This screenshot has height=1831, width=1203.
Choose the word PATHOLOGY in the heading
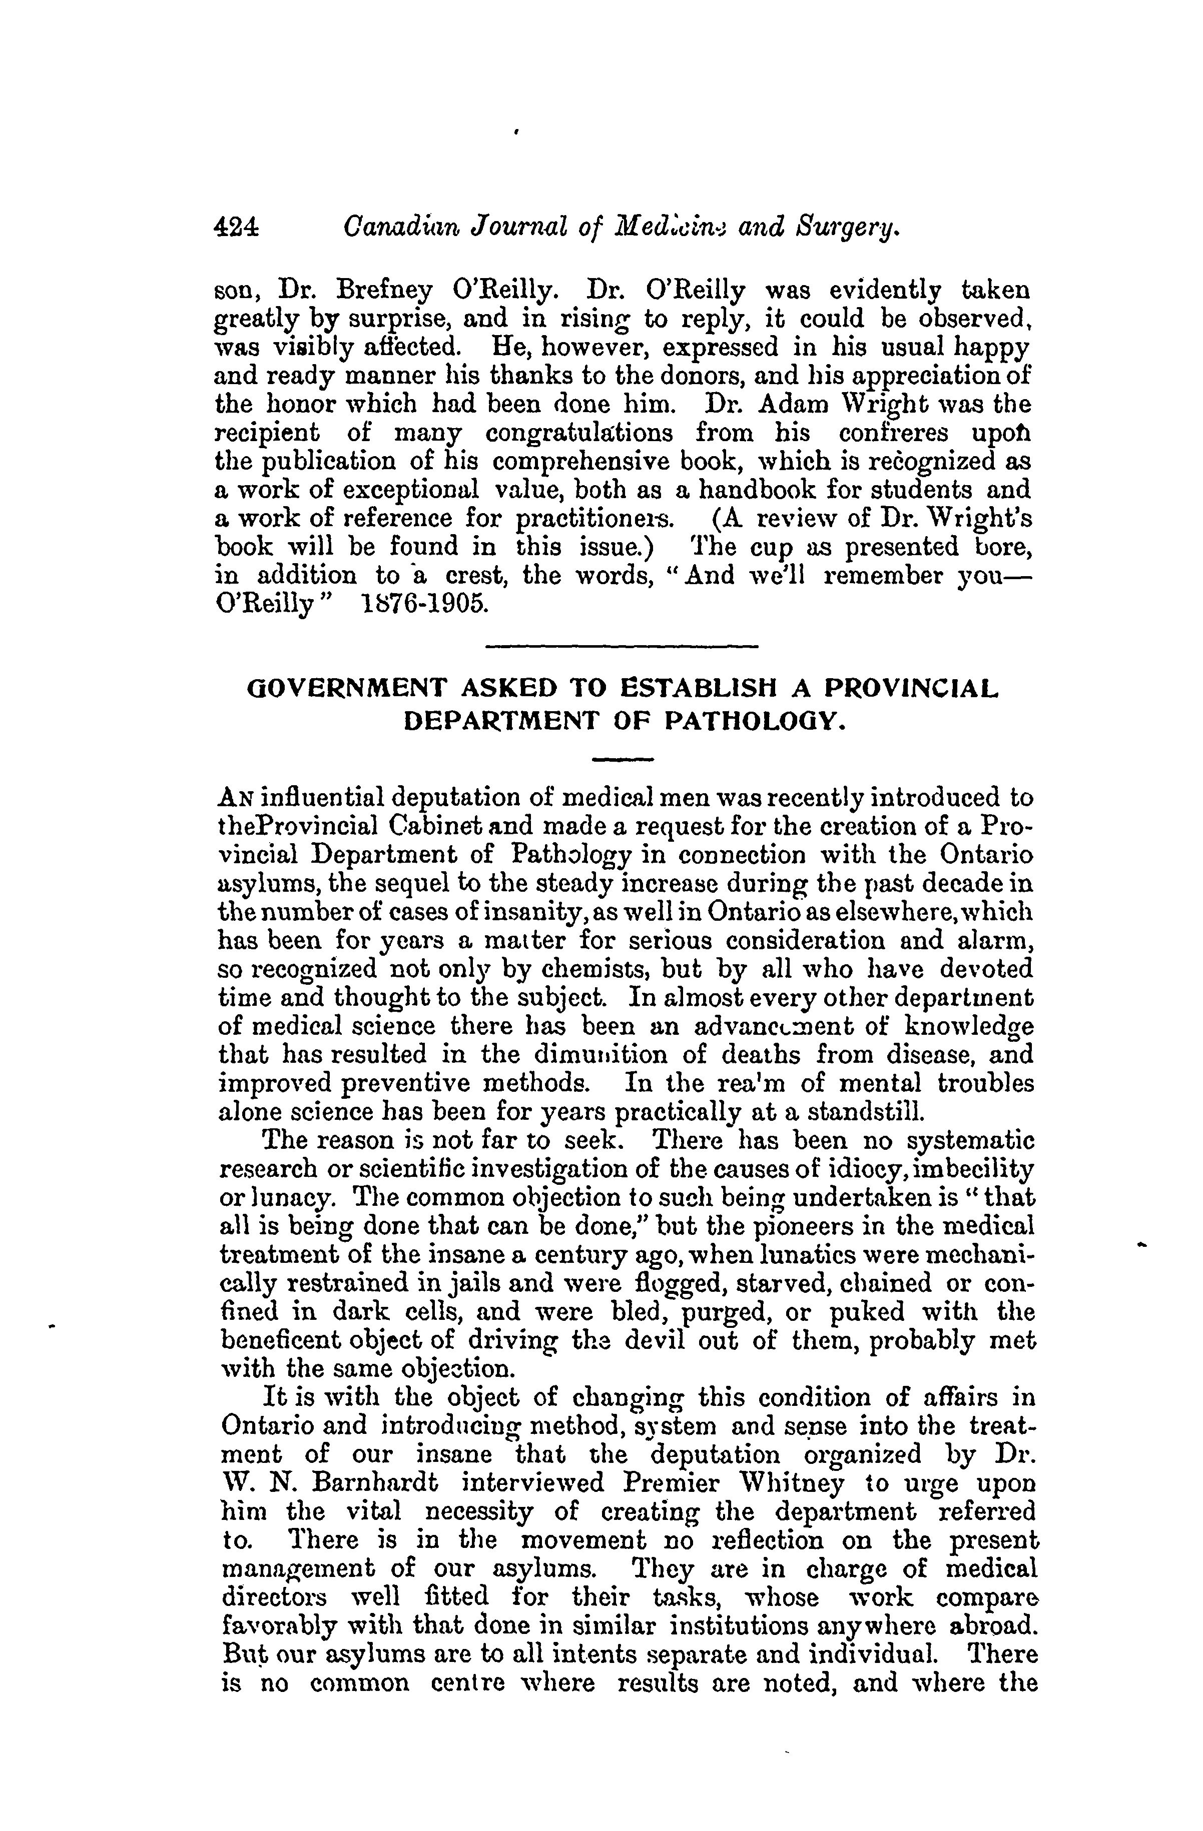click(x=747, y=720)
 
